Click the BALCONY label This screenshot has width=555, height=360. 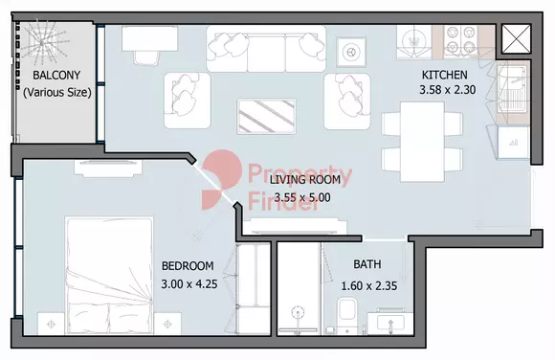(56, 75)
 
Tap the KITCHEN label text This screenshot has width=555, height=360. (445, 75)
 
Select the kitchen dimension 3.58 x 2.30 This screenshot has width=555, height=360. (448, 90)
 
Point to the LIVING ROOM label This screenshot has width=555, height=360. (304, 180)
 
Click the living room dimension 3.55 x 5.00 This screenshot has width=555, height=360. (302, 197)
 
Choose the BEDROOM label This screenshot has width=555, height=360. (188, 266)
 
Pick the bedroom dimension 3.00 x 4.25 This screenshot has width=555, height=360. (189, 283)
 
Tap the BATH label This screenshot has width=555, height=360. (367, 264)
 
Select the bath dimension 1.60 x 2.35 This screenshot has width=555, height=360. (369, 285)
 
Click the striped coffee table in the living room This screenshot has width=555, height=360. (266, 116)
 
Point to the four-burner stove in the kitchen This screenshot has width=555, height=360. (460, 40)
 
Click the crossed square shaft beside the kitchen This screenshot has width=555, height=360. (517, 39)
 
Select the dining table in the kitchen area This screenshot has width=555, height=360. (422, 142)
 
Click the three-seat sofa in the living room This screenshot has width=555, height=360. (266, 49)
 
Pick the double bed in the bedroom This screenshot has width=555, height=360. (109, 276)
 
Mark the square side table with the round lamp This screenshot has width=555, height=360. (351, 52)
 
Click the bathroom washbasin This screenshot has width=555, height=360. (390, 322)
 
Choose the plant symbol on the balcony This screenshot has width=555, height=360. (42, 43)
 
